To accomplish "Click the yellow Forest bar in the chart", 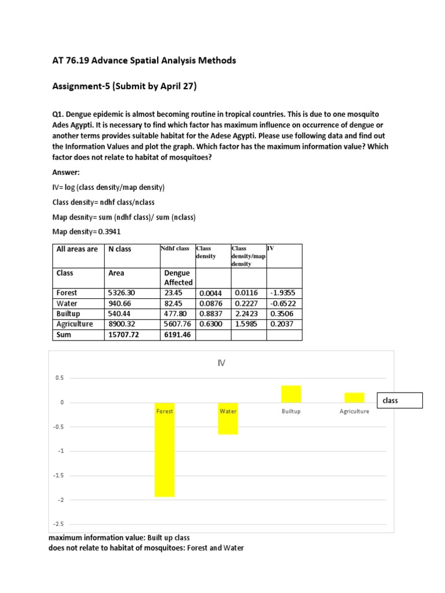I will click(165, 449).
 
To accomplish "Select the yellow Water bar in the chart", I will click(228, 418).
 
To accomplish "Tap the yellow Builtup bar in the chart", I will click(291, 394).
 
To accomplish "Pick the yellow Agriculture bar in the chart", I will click(354, 397).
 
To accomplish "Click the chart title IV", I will click(220, 363).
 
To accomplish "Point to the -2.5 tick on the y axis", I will click(59, 524).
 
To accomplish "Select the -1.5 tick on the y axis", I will click(59, 475).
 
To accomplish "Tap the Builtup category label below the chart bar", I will click(291, 411).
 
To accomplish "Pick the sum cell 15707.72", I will click(125, 335).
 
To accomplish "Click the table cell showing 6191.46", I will click(177, 335).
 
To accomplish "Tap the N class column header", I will click(120, 249).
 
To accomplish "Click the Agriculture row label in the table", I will click(74, 324).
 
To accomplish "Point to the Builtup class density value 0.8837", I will click(211, 314).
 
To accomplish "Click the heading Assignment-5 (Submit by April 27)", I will click(124, 87).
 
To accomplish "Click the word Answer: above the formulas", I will click(67, 173).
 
